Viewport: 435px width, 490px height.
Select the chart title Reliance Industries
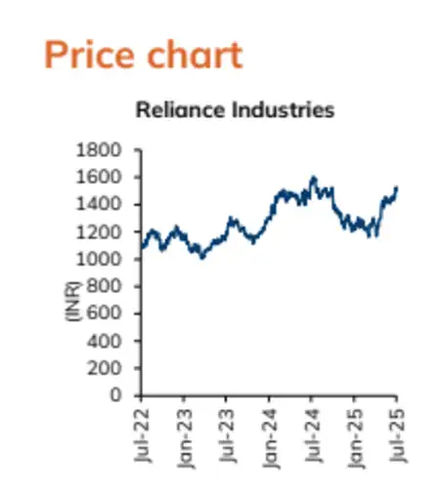tap(235, 109)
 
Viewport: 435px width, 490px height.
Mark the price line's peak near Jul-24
tap(313, 178)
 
